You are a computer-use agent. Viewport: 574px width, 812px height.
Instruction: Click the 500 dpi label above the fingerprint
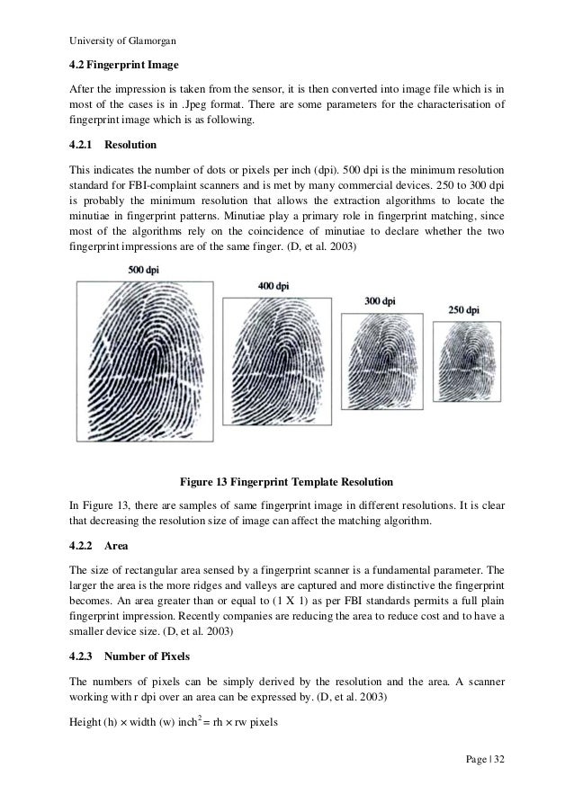(146, 270)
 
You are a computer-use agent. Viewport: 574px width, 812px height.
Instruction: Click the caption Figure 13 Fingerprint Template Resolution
(286, 478)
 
